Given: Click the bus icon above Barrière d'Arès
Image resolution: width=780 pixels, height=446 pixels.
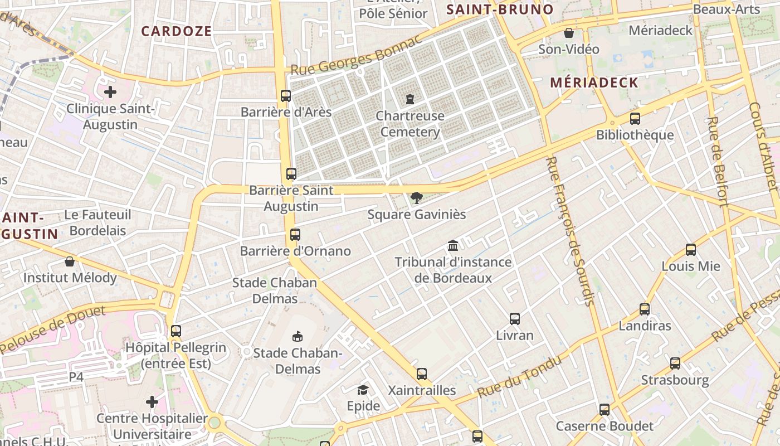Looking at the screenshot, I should (286, 95).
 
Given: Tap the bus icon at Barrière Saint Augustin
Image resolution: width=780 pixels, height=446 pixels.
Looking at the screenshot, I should (291, 173).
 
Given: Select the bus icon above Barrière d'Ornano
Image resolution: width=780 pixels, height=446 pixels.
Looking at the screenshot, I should (295, 235).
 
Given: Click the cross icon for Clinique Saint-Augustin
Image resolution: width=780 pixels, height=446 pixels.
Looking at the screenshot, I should (110, 92).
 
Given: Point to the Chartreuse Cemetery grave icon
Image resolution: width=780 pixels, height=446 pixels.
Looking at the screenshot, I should (410, 99).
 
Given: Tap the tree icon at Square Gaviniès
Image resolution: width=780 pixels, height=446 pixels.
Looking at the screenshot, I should (416, 197).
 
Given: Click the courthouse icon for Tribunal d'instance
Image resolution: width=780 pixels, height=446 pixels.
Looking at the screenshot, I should (453, 245).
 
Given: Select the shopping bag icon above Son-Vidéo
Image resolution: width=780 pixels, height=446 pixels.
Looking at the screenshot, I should (569, 33).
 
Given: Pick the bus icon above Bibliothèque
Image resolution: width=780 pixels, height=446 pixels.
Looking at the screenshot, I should (635, 118).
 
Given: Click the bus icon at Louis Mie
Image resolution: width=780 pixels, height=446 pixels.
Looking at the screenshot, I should (691, 250).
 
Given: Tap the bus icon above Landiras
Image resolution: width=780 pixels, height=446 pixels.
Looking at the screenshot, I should (645, 309).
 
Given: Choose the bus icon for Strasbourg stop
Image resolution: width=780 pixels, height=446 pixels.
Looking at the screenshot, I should (675, 363).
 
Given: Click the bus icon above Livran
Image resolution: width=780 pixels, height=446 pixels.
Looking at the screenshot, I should (515, 319).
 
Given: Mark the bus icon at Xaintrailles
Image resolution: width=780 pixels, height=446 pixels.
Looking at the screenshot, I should (422, 374).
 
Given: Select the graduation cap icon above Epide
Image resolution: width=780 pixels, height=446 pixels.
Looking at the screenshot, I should (363, 389).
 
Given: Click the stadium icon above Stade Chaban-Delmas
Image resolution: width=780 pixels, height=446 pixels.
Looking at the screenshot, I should (298, 336).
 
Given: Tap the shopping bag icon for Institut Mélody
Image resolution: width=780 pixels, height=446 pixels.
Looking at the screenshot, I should (70, 261).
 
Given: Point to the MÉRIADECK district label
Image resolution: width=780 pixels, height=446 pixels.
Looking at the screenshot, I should (594, 83).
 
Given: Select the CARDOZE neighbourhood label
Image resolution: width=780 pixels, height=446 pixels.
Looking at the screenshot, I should (176, 31).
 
